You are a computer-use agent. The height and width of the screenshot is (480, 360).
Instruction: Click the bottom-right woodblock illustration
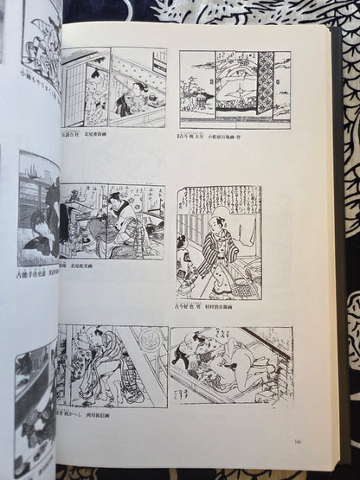click(231, 367)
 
